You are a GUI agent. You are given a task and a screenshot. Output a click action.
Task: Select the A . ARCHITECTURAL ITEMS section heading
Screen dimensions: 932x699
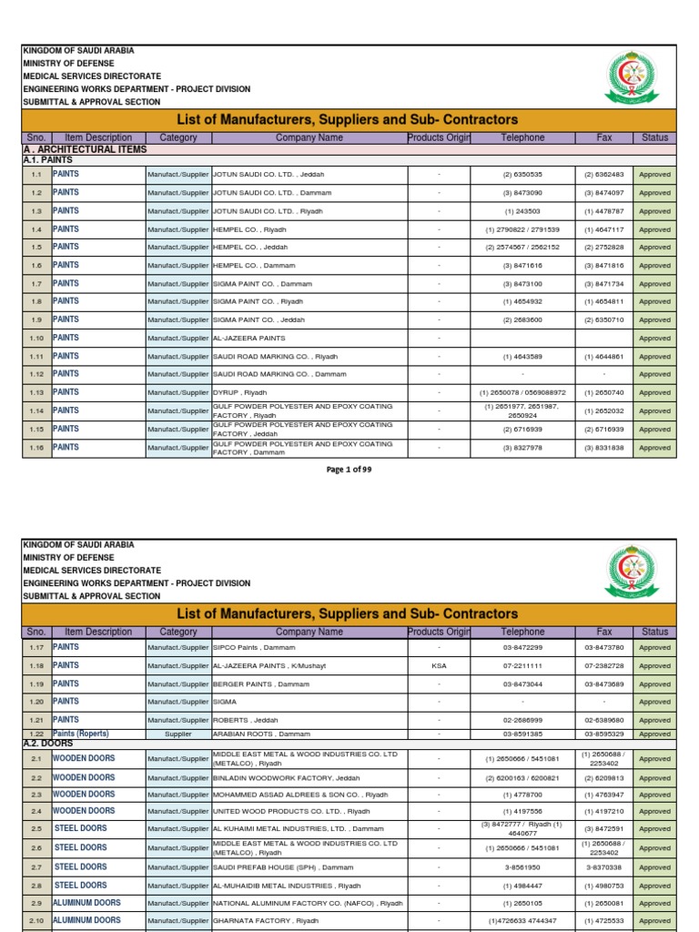83,149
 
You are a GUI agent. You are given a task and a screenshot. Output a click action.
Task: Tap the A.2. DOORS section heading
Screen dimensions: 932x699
49,744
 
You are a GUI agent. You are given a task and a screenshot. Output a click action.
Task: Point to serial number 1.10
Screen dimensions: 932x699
36,339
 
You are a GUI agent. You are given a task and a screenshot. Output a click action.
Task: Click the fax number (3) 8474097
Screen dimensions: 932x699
604,193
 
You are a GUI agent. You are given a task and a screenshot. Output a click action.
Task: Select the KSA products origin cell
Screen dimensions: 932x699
439,666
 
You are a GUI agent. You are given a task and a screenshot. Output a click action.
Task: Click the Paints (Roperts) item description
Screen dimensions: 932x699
81,734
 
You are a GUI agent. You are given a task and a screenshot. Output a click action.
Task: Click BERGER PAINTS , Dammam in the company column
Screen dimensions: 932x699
261,684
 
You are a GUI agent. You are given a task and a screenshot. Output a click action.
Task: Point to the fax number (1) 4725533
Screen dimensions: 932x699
604,921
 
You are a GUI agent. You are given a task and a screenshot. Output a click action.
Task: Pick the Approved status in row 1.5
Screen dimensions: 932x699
654,248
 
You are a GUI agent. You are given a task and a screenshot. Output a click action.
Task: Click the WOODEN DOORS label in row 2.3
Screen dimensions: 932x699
84,795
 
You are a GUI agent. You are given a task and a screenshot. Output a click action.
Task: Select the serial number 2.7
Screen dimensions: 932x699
36,867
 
